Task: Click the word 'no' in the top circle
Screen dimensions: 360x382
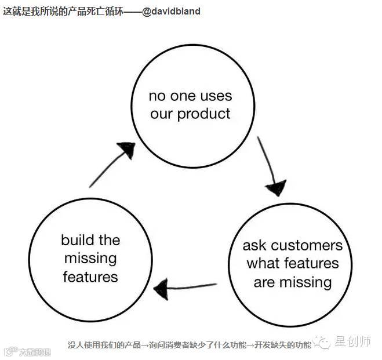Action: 157,96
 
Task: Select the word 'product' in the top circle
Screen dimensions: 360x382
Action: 204,114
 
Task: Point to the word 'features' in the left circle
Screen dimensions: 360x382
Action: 90,277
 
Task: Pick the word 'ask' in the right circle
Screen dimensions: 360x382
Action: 254,245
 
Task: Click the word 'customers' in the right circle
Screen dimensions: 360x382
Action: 307,245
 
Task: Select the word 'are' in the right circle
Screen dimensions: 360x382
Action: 264,283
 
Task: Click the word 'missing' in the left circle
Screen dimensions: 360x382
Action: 90,259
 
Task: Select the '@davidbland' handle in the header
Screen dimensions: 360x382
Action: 171,11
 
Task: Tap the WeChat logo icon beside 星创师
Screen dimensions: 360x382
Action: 323,342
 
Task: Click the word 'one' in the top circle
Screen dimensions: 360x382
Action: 183,96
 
